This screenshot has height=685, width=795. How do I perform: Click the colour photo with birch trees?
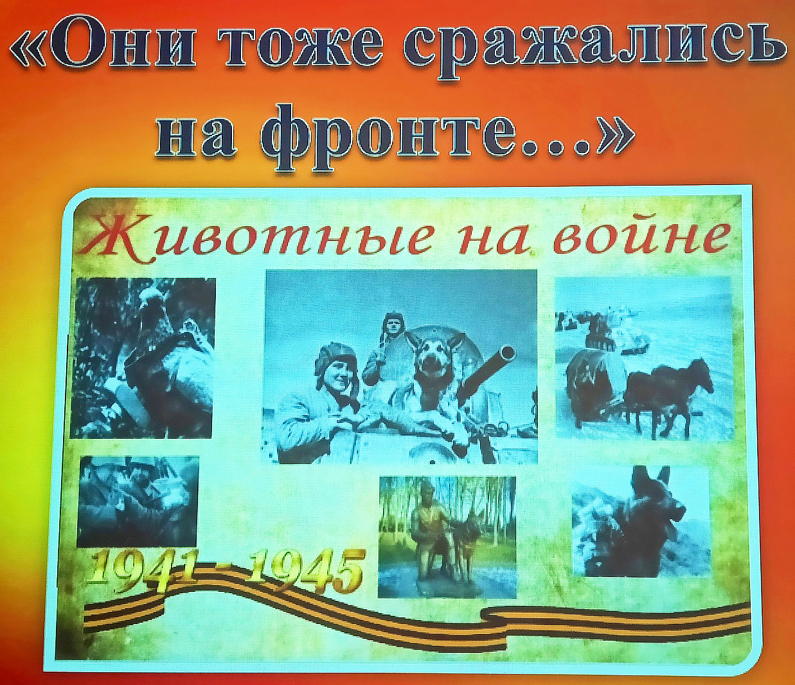point(447,537)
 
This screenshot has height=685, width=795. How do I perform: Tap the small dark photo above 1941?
point(138,501)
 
